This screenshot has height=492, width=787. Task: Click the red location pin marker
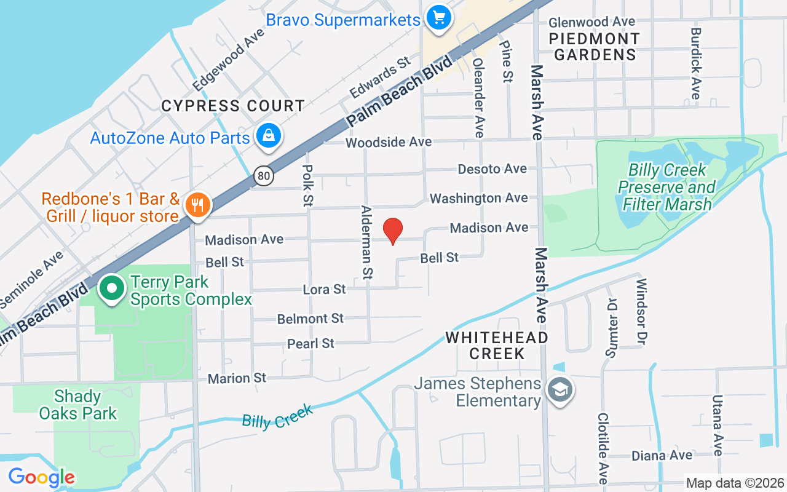click(393, 231)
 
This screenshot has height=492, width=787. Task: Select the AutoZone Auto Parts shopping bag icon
click(269, 137)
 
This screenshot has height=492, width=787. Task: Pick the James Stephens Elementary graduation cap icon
click(560, 390)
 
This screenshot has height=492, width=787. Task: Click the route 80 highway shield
click(264, 177)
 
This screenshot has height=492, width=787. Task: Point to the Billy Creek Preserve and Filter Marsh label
click(666, 187)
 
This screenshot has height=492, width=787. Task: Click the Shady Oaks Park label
click(78, 405)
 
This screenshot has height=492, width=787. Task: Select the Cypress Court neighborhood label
click(233, 106)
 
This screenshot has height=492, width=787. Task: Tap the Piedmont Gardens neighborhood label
click(595, 47)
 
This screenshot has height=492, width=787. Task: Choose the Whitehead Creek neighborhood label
click(497, 346)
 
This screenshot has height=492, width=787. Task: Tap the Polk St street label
click(309, 184)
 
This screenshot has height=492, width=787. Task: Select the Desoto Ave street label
click(492, 169)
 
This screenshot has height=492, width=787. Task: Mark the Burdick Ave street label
click(695, 63)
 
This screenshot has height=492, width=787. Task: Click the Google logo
click(41, 477)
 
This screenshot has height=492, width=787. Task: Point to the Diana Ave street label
click(662, 456)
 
